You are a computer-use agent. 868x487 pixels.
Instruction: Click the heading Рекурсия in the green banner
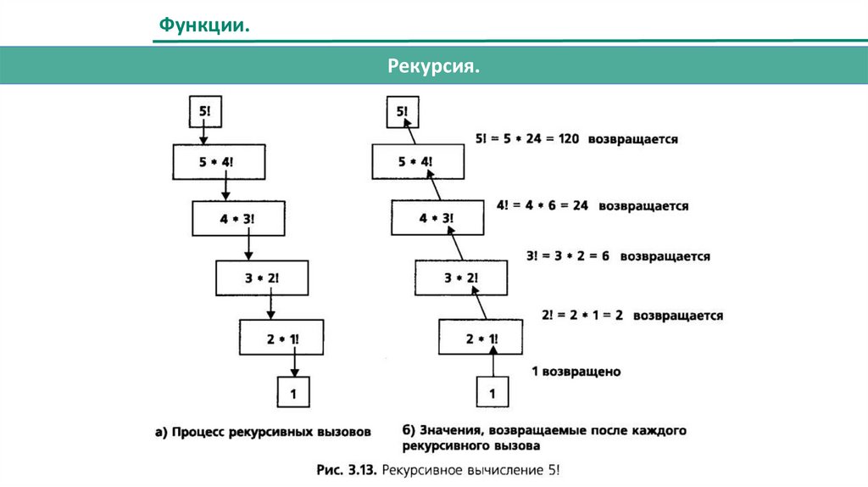pyautogui.click(x=434, y=65)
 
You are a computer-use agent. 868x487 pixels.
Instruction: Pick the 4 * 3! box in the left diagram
pyautogui.click(x=237, y=218)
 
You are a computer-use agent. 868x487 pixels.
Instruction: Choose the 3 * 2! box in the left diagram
pyautogui.click(x=261, y=277)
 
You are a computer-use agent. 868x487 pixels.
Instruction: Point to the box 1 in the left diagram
pyautogui.click(x=294, y=393)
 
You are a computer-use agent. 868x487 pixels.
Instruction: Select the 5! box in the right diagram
pyautogui.click(x=400, y=110)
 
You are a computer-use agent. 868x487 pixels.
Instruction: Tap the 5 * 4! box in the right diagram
pyautogui.click(x=418, y=161)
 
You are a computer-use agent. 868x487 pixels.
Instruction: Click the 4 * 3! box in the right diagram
pyautogui.click(x=437, y=218)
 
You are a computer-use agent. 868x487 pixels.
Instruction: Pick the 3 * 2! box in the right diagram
pyautogui.click(x=461, y=277)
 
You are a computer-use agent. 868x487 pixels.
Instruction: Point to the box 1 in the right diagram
pyautogui.click(x=493, y=393)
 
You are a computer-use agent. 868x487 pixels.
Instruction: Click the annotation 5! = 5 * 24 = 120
pyautogui.click(x=526, y=138)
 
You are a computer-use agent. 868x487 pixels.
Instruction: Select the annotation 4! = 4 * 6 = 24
pyautogui.click(x=547, y=205)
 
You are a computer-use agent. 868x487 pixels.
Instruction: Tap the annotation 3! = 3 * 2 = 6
pyautogui.click(x=569, y=255)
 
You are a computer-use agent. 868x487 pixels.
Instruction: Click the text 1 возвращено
pyautogui.click(x=576, y=372)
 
